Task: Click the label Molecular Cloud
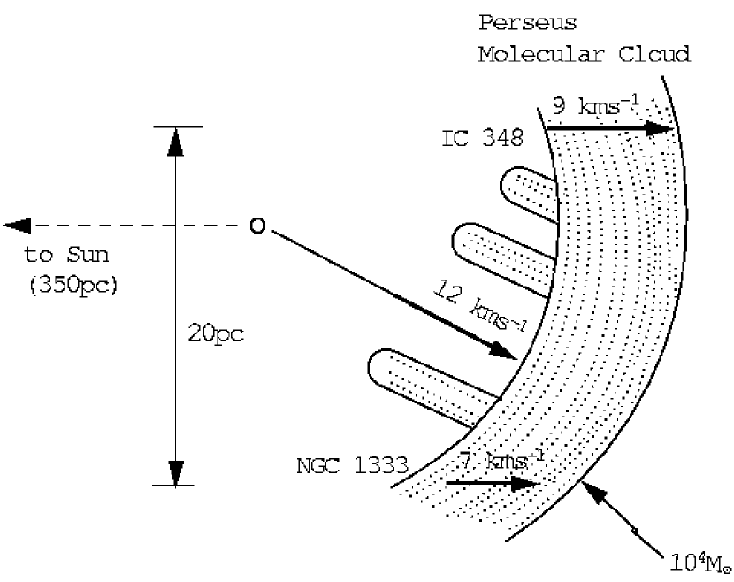coord(584,54)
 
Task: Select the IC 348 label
coord(482,140)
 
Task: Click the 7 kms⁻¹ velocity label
coord(501,461)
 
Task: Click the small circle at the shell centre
coord(256,227)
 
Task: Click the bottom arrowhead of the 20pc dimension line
coord(177,471)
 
